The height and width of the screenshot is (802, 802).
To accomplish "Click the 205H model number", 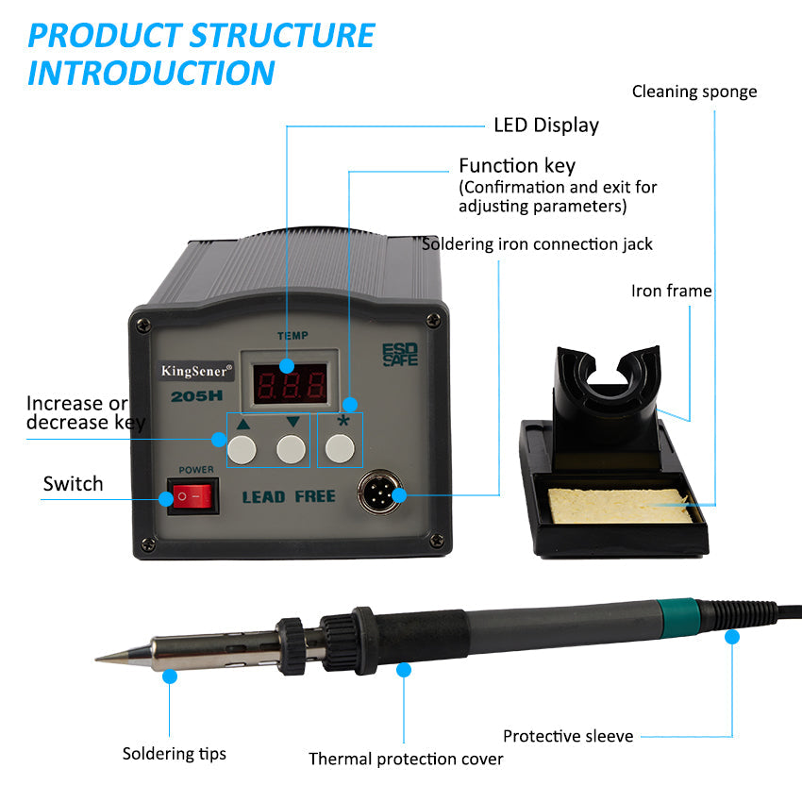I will pos(194,397).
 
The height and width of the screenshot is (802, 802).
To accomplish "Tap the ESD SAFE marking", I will pos(399,355).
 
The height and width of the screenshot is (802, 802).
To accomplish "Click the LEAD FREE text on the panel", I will pos(289,496).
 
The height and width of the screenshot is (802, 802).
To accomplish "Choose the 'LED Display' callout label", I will pos(545,125).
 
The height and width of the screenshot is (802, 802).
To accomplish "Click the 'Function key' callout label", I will pos(516,166).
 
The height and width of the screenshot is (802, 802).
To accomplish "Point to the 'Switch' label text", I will pos(73,484).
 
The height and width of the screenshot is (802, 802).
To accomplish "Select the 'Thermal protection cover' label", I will pos(406,759).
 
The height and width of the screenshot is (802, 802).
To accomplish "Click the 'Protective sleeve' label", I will pos(567,736).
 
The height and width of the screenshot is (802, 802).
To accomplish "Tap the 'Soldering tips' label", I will pos(174,753).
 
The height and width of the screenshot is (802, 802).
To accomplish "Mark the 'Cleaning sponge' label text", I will pos(693,92).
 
